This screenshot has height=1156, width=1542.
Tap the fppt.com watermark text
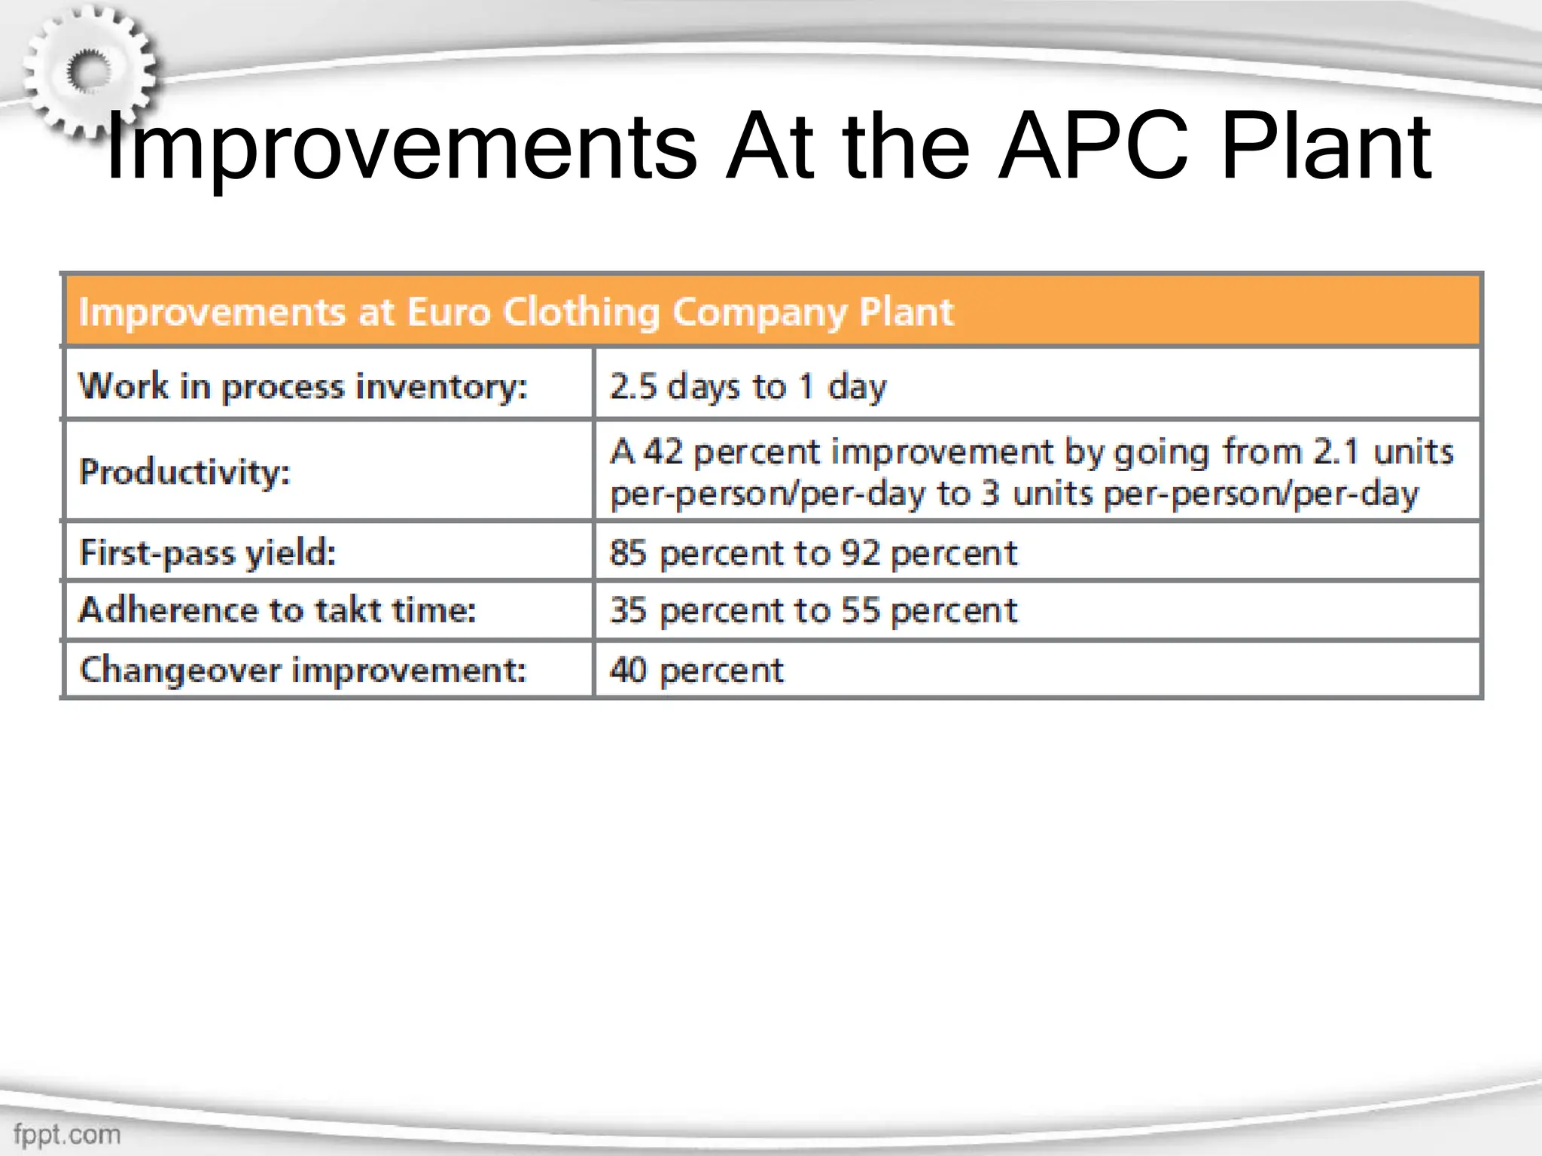(x=67, y=1133)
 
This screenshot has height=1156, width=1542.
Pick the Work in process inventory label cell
(x=303, y=387)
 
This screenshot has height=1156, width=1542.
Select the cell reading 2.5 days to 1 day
(x=748, y=387)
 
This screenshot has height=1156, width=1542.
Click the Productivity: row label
(x=184, y=473)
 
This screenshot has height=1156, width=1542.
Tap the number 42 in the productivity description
(x=663, y=452)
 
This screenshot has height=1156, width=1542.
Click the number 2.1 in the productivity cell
(x=1336, y=452)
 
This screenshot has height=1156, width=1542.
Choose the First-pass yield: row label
(x=208, y=553)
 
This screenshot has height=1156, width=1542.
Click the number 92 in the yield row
(x=860, y=553)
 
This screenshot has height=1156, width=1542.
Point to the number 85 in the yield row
(x=628, y=553)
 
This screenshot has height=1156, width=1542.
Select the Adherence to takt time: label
(x=277, y=610)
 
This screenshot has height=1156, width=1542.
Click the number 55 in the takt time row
(x=860, y=610)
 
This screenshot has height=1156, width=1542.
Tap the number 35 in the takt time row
(x=628, y=610)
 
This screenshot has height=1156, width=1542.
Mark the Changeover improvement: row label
(x=303, y=670)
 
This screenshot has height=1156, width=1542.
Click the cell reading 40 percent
(x=696, y=670)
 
